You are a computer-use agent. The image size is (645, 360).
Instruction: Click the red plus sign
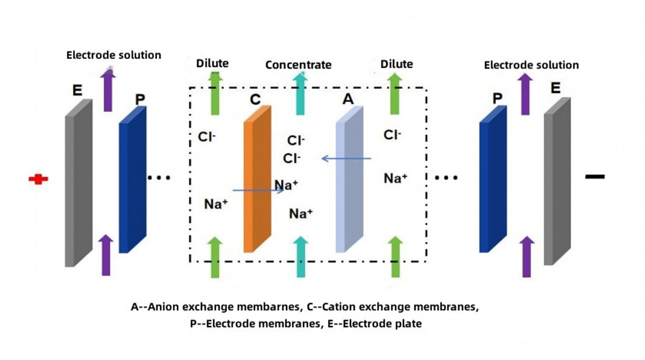(x=38, y=179)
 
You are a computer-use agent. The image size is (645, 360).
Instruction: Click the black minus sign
(x=595, y=176)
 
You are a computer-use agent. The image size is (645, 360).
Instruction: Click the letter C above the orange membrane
(x=256, y=99)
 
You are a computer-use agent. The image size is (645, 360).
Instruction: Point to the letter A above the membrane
(x=347, y=100)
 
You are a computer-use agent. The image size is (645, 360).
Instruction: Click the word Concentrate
(x=298, y=64)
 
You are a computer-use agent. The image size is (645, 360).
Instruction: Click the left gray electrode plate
(x=78, y=182)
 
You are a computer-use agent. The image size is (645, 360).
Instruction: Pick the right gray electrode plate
(x=557, y=182)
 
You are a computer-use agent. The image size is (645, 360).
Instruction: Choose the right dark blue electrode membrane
(x=492, y=182)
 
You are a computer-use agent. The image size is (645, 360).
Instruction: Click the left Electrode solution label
(x=114, y=55)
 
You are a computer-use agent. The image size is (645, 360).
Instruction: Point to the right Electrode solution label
(x=531, y=65)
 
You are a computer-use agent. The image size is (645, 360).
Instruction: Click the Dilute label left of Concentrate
(x=212, y=63)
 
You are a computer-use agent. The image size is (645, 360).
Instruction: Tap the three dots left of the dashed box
(x=159, y=178)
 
